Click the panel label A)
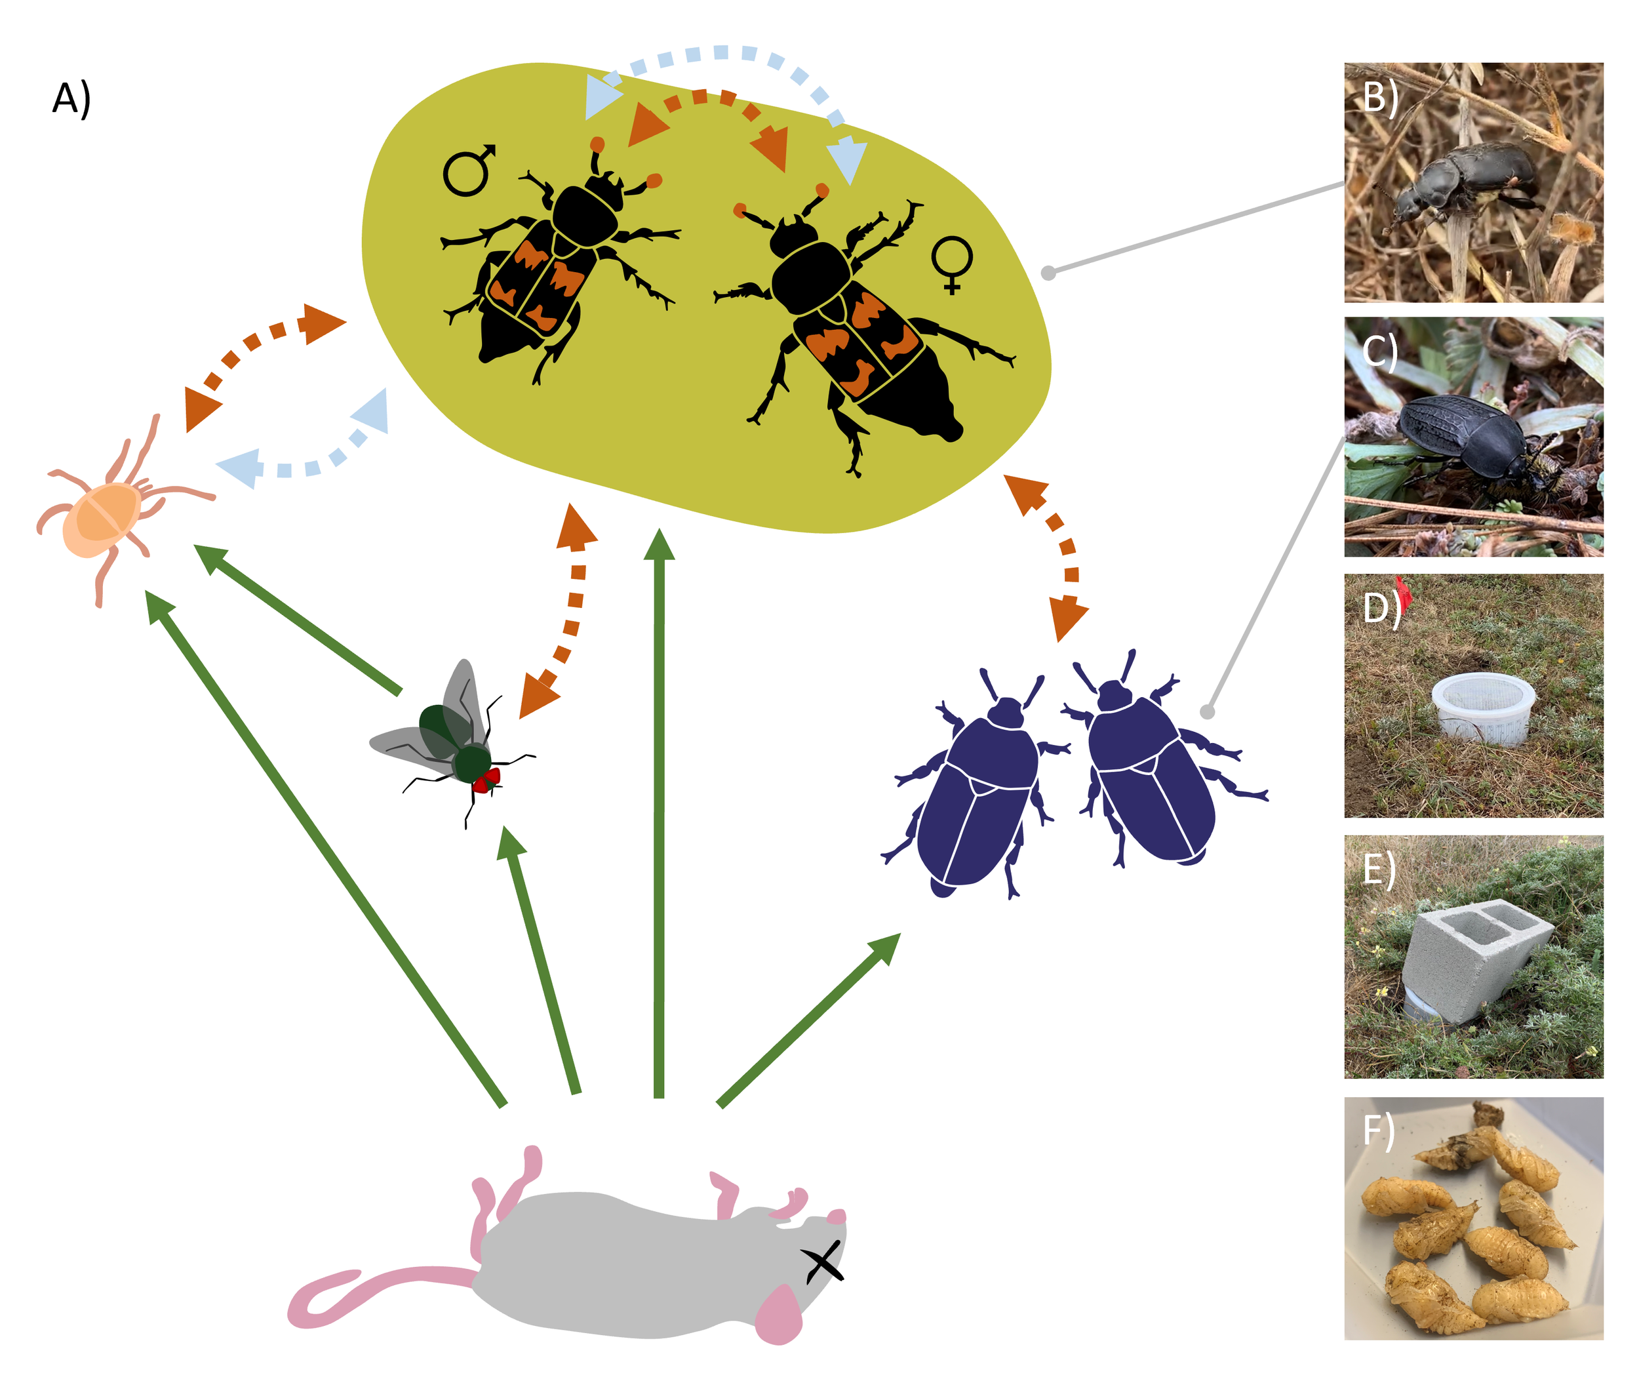(x=71, y=100)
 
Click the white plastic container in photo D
(x=1482, y=708)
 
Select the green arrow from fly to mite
(x=298, y=618)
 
